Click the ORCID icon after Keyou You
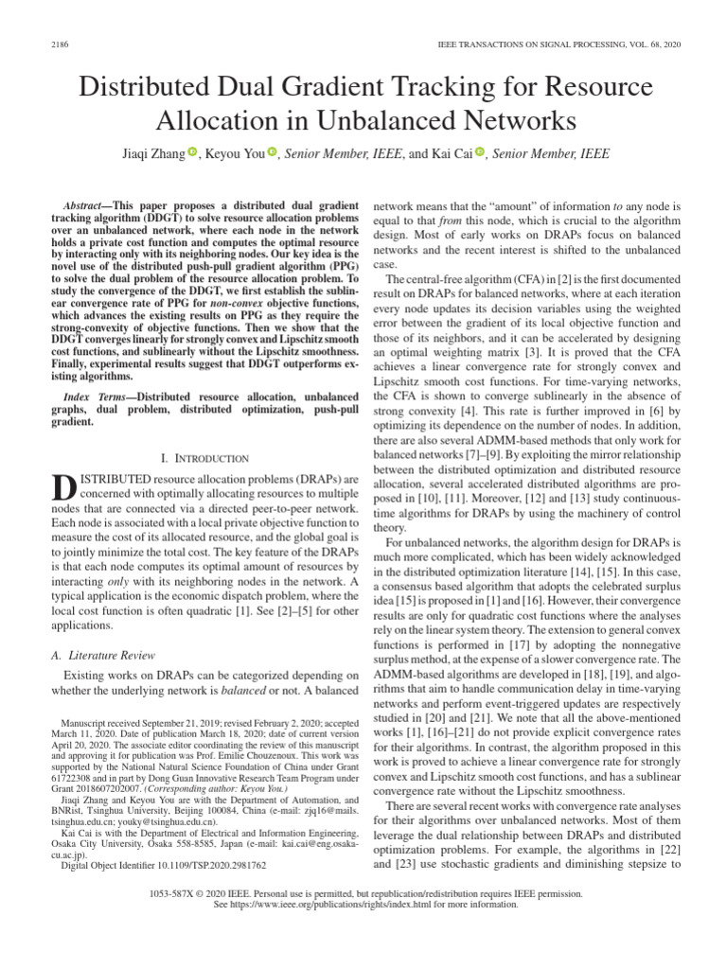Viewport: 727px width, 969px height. click(x=271, y=152)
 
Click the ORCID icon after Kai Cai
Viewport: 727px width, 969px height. click(x=479, y=152)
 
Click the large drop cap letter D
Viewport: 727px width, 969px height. click(x=62, y=488)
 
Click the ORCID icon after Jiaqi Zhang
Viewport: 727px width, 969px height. click(x=192, y=152)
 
